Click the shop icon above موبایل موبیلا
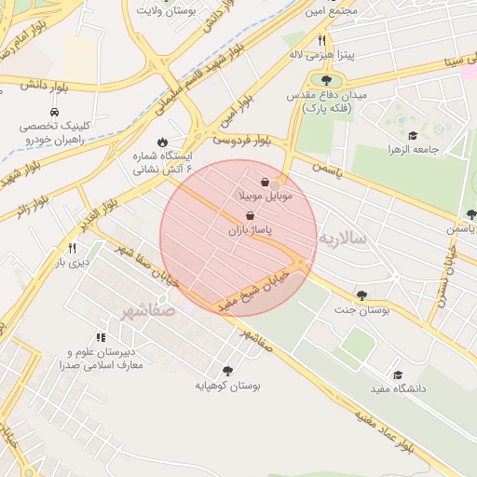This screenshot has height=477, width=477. tap(266, 182)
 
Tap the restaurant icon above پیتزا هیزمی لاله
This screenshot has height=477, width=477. tap(322, 40)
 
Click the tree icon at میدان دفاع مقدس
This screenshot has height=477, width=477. tap(325, 81)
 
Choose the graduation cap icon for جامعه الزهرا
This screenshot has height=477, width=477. tap(413, 136)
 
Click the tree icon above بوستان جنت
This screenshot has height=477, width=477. tap(361, 295)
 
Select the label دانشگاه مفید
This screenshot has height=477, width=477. tap(398, 388)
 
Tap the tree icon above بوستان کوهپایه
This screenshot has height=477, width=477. tap(227, 371)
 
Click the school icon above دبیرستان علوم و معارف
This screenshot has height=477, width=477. tap(101, 338)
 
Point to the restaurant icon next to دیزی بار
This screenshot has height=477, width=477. tap(72, 249)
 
